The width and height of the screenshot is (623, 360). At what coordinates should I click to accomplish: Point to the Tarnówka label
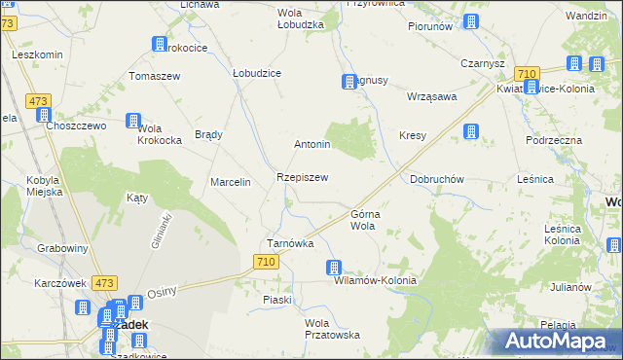point(290,243)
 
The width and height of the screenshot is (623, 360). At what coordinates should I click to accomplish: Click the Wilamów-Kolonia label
point(375,280)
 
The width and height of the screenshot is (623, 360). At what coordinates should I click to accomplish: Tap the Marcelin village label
point(232,182)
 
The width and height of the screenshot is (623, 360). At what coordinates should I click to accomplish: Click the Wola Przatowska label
point(332,328)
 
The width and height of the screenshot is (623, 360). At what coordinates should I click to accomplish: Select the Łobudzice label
point(257,73)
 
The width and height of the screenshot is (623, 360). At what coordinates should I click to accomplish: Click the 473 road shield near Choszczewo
point(39,101)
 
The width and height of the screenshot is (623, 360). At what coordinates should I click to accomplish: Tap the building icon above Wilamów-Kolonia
point(334,267)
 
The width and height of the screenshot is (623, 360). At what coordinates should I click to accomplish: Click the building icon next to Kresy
point(472,131)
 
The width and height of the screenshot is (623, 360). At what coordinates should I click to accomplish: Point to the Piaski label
point(277,300)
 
